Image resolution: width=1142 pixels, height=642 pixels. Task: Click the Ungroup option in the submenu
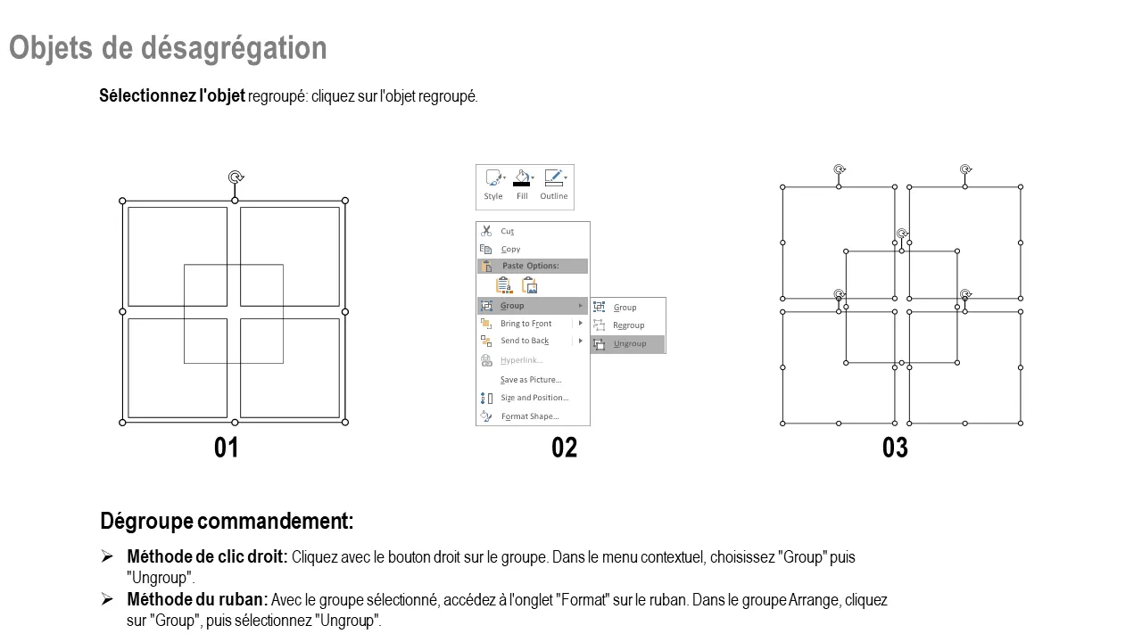628,344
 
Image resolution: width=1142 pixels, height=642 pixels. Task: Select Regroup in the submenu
628,325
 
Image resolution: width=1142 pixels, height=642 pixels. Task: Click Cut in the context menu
508,231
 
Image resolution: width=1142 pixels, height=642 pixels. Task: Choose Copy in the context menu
510,249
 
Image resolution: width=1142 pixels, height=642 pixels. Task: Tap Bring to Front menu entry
525,324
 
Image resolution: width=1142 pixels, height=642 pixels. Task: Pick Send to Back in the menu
525,341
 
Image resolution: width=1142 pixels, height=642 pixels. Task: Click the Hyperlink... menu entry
521,360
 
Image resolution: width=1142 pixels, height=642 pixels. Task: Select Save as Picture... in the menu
531,380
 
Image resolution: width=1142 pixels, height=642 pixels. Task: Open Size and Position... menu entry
534,398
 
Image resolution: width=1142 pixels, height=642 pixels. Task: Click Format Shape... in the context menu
530,416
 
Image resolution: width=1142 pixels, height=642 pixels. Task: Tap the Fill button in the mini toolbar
522,185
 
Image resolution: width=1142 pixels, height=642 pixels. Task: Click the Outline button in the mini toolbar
554,185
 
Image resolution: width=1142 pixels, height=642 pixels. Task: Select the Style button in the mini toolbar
493,185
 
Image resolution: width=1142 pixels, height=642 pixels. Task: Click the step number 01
226,448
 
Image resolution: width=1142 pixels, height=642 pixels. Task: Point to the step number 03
895,448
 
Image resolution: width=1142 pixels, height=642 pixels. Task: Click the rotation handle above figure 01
236,177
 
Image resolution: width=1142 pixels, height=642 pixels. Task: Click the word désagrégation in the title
234,49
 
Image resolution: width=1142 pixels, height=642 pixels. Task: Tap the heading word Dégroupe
147,522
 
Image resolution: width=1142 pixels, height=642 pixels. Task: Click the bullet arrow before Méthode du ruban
107,599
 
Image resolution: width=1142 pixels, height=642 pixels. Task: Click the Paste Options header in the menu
531,266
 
